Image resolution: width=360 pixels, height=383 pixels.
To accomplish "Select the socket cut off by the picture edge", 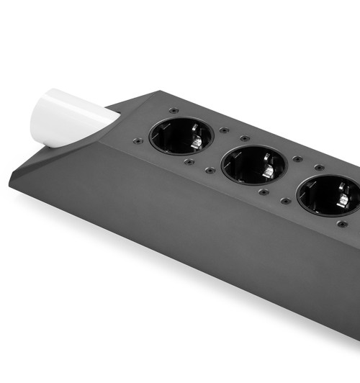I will [x=329, y=195].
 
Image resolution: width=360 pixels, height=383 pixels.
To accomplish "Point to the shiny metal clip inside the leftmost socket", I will [x=195, y=143].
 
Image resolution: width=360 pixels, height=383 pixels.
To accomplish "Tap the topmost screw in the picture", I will [x=174, y=110].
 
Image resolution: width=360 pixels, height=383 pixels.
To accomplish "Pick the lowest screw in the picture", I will [x=341, y=224].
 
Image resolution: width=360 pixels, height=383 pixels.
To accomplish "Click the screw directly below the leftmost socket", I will [x=189, y=162].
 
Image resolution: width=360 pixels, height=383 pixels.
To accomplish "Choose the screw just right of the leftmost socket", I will [x=225, y=130].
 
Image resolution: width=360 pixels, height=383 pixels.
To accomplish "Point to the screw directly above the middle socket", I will [x=245, y=138].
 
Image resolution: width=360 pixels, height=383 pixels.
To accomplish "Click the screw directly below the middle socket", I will [x=264, y=191].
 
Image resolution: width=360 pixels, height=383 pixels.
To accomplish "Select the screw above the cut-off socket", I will [x=318, y=167].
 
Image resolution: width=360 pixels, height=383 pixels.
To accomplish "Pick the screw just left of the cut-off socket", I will [x=285, y=200].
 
